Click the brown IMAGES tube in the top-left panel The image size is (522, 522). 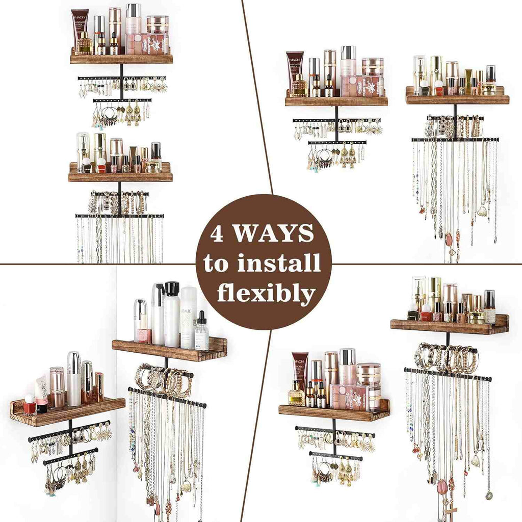point(79,29)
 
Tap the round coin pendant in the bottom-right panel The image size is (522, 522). point(489,494)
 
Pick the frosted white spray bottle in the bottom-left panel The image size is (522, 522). point(189,316)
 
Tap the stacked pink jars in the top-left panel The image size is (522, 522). point(158,33)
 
